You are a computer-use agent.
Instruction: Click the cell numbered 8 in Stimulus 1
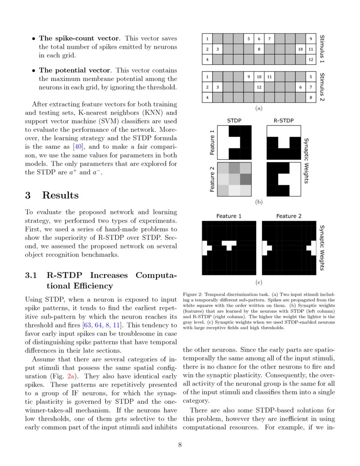(x=259, y=50)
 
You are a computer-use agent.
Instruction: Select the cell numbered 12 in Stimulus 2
(x=259, y=87)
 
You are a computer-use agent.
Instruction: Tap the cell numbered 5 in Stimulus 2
(x=311, y=77)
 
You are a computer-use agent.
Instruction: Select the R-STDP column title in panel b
(x=283, y=121)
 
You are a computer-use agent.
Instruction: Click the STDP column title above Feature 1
(x=234, y=121)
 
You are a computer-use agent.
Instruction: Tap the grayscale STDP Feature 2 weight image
(x=235, y=179)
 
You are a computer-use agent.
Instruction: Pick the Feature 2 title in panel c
(x=289, y=216)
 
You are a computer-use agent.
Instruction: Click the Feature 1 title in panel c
(x=229, y=216)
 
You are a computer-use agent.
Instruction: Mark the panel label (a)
(x=259, y=108)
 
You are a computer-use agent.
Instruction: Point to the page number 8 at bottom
(x=180, y=445)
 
